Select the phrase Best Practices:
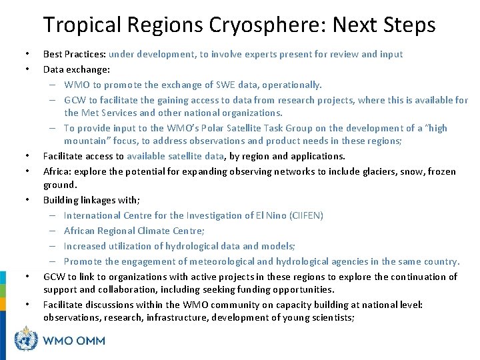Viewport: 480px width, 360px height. [74, 54]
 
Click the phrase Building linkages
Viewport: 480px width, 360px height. [84, 200]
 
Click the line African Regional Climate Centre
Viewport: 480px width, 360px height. [134, 230]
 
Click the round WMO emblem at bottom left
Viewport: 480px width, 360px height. [27, 340]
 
